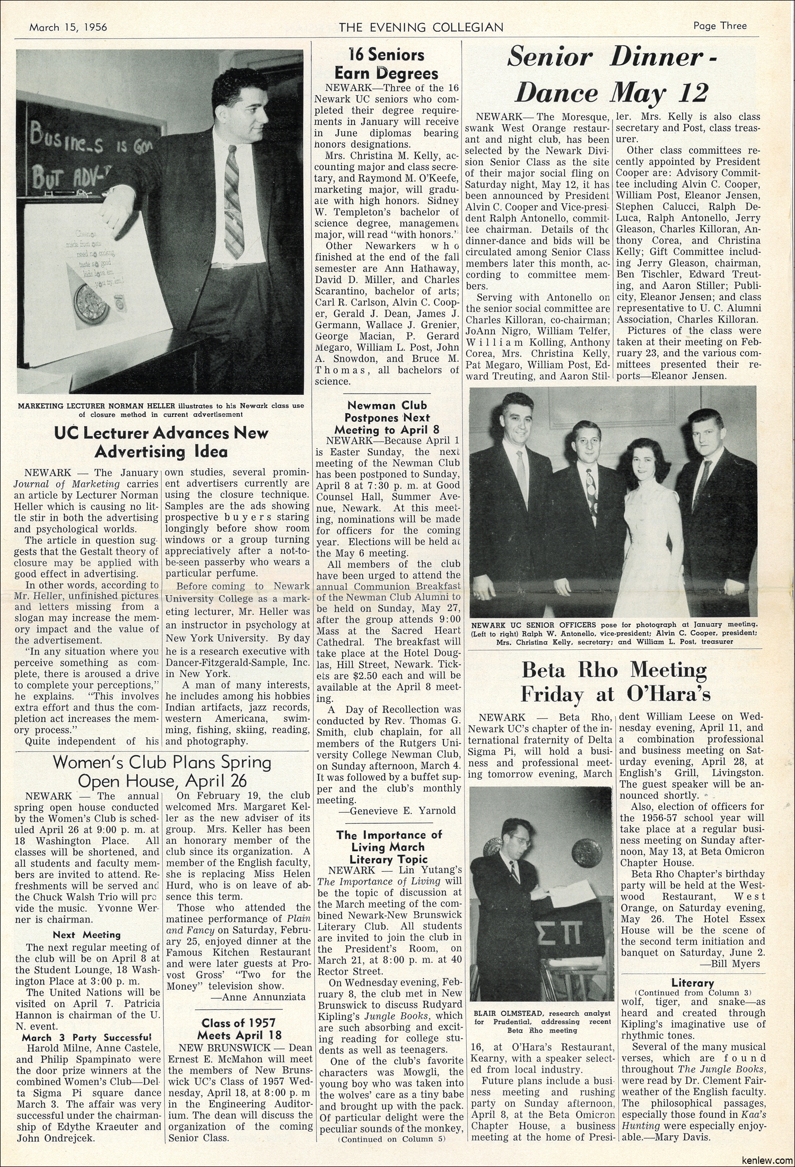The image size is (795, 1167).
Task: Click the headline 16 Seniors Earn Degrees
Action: [385, 64]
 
